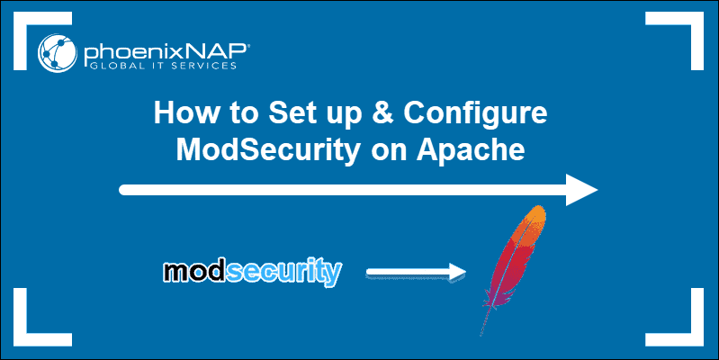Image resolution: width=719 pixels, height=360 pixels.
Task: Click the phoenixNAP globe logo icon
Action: [58, 53]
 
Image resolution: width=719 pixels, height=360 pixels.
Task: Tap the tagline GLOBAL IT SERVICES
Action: [163, 66]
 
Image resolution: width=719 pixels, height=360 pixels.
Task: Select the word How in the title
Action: [186, 112]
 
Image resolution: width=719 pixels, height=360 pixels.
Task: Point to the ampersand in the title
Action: [382, 112]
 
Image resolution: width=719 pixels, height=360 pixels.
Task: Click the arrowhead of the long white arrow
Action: [581, 190]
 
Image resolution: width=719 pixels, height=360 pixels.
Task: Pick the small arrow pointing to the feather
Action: [416, 273]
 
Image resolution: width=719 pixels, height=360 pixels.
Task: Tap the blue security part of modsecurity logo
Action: [284, 273]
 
